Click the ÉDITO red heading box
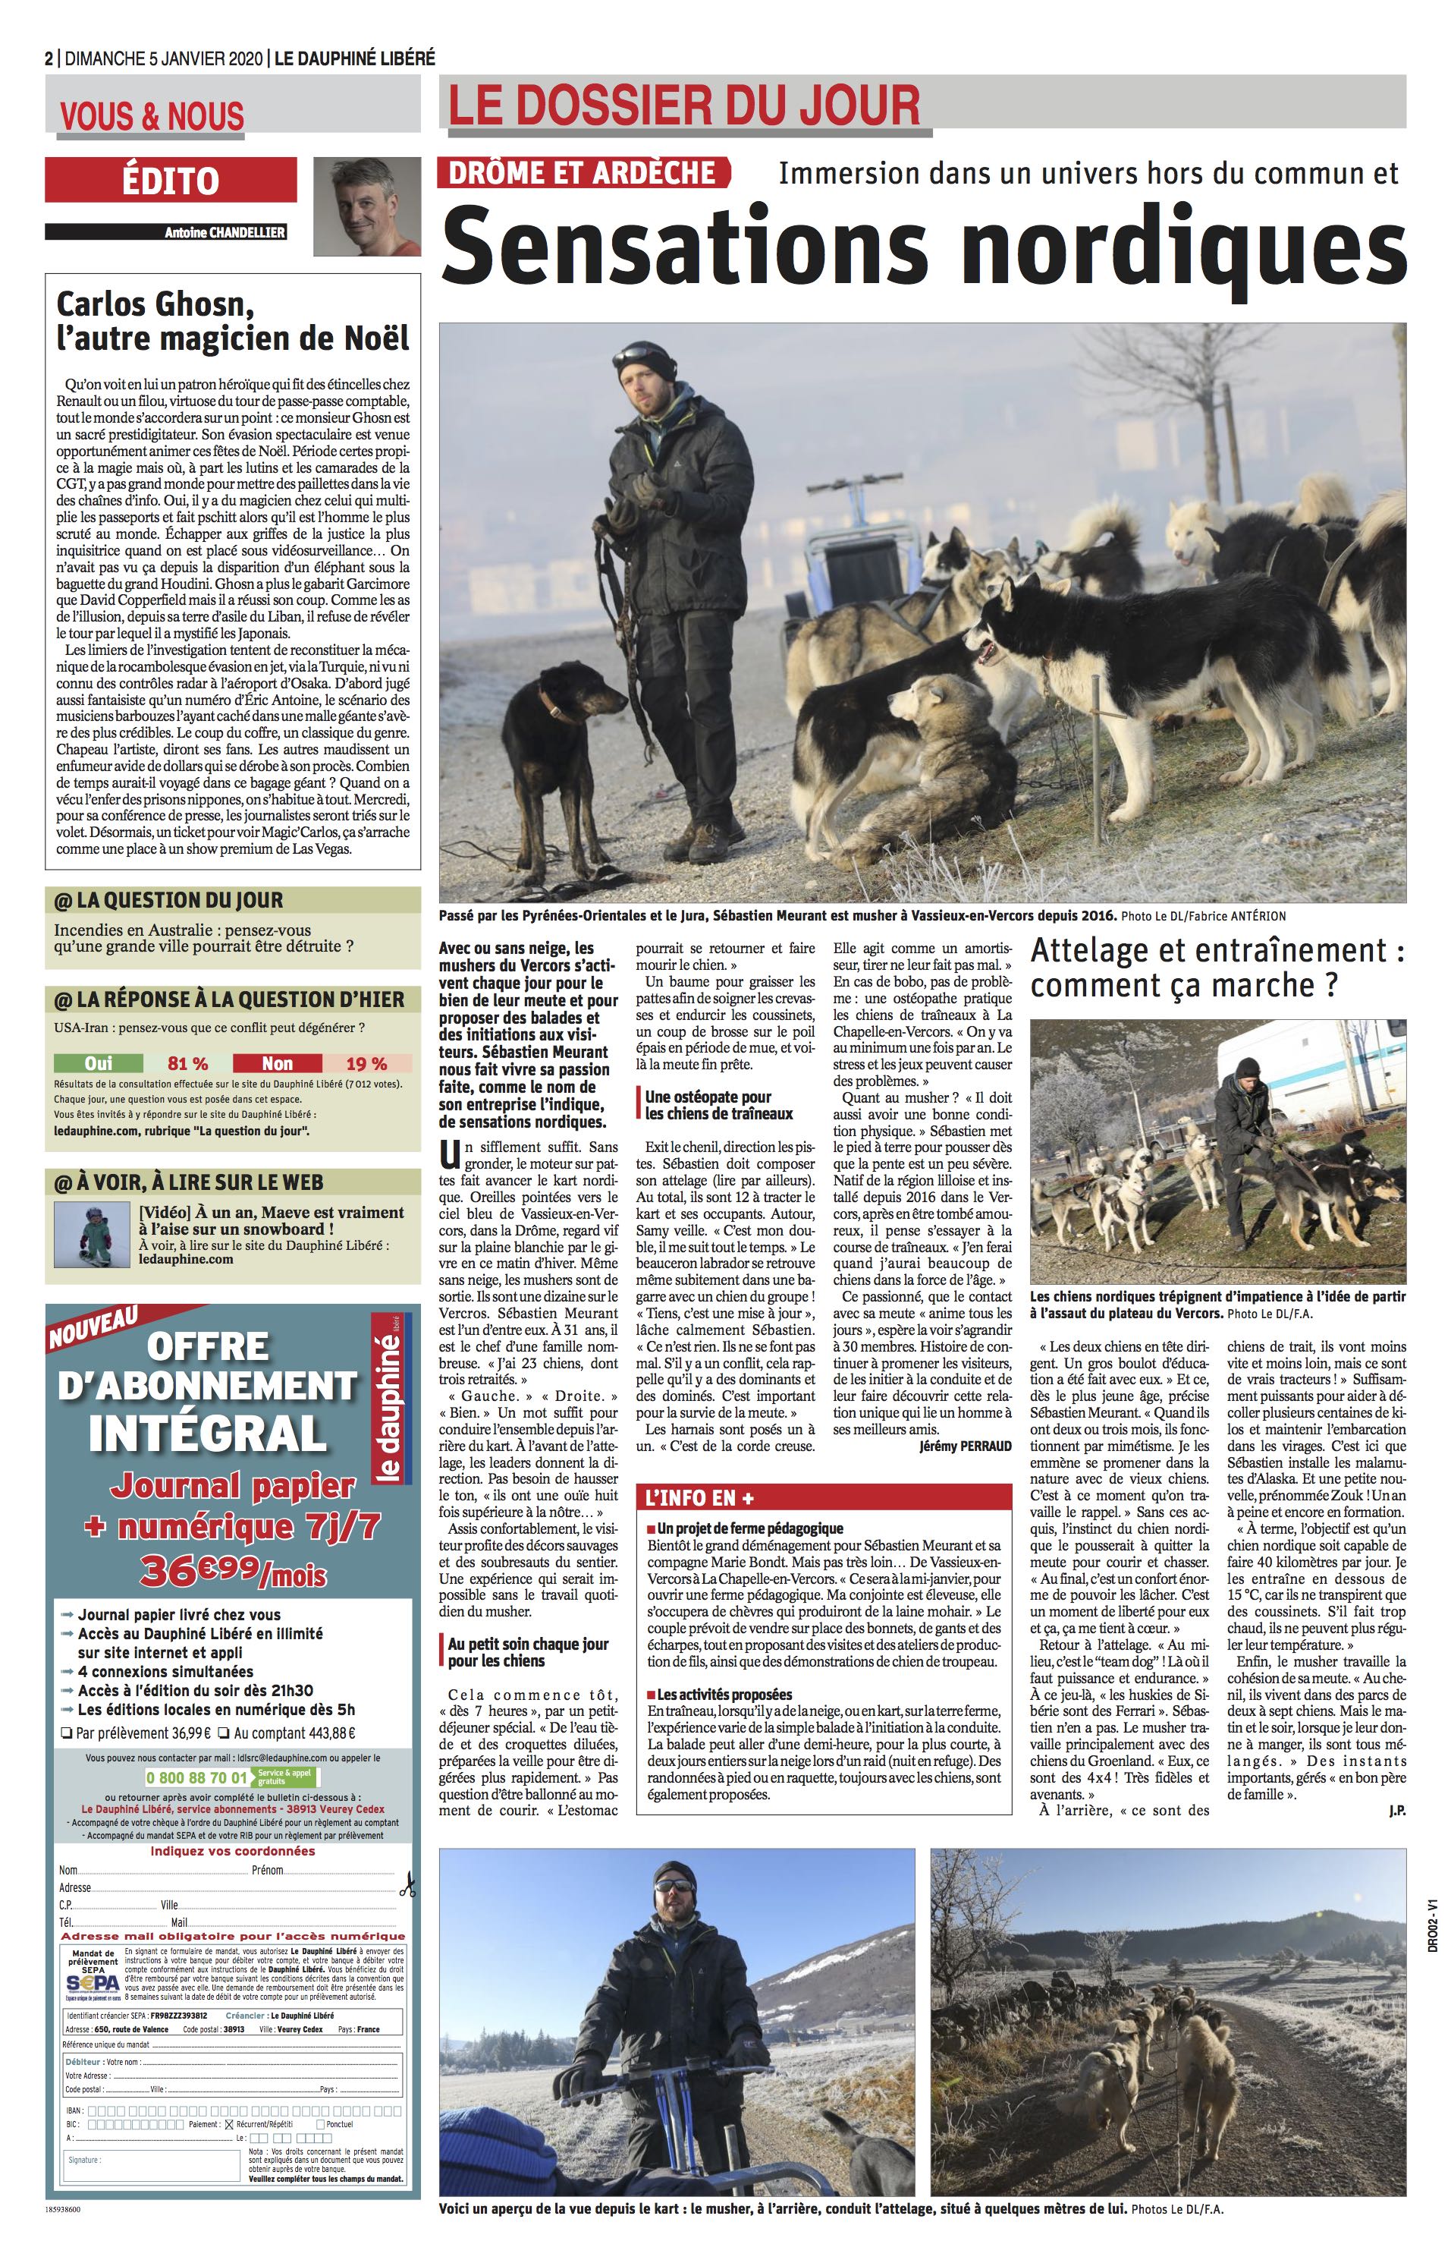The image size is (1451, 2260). pos(170,180)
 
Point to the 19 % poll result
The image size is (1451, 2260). pos(366,1063)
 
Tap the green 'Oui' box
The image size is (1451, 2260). pos(98,1063)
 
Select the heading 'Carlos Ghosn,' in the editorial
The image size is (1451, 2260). pos(156,304)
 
